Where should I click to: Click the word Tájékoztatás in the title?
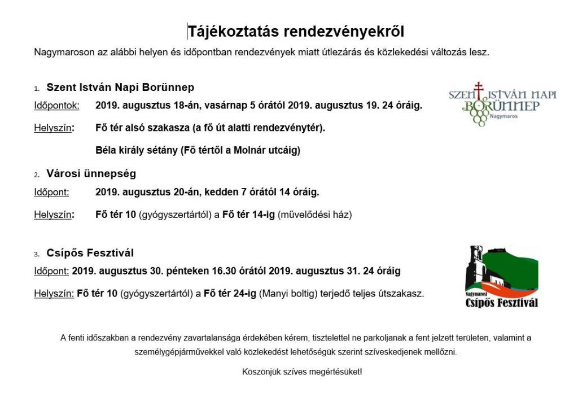[x=233, y=31]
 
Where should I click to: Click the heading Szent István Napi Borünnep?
[x=120, y=88]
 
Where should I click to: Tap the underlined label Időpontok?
[x=56, y=105]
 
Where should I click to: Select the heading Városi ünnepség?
[x=91, y=174]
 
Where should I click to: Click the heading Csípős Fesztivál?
[x=90, y=253]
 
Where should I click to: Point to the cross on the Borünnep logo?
[x=479, y=89]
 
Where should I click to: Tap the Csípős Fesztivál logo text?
[x=501, y=302]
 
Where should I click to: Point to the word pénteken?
[x=189, y=271]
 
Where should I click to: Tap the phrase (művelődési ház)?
[x=314, y=215]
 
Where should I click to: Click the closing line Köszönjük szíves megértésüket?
[x=302, y=372]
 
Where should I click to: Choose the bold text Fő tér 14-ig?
[x=248, y=215]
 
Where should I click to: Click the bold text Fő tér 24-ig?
[x=229, y=294]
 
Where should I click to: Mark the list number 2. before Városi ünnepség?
[x=37, y=175]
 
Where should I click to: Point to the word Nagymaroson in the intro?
[x=60, y=53]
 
